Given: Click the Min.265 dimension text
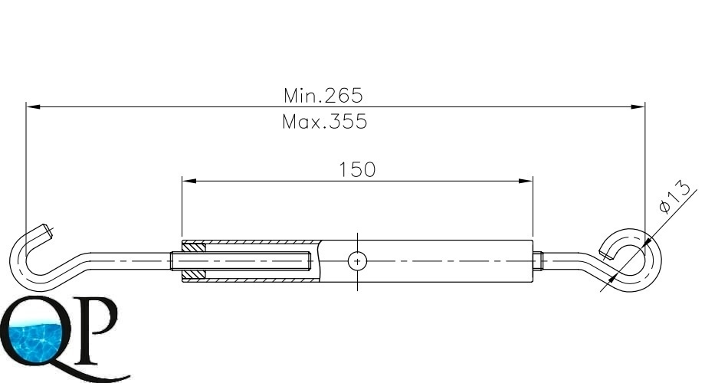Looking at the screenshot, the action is (x=323, y=95).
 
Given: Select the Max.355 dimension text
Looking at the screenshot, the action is (x=325, y=122).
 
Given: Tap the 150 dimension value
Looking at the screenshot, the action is (x=357, y=170).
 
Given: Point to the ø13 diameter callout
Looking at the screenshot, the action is (x=674, y=196).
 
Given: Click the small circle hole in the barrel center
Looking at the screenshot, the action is (x=357, y=261).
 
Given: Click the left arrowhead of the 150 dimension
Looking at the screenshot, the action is (x=189, y=182).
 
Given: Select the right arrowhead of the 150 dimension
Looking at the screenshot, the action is (x=526, y=182).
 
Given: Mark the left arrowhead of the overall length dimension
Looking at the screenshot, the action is (x=34, y=107).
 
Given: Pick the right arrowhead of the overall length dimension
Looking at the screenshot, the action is (x=638, y=107).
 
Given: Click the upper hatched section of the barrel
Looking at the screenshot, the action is (x=194, y=247).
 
